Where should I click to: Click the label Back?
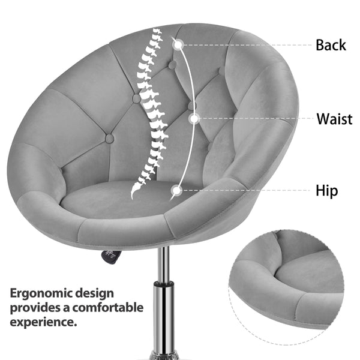pyautogui.click(x=331, y=45)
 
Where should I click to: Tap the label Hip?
pyautogui.click(x=327, y=191)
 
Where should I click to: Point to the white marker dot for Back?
pyautogui.click(x=177, y=43)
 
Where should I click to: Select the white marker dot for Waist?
pyautogui.click(x=193, y=119)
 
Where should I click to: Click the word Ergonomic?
pyautogui.click(x=41, y=293)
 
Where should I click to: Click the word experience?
pyautogui.click(x=43, y=322)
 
